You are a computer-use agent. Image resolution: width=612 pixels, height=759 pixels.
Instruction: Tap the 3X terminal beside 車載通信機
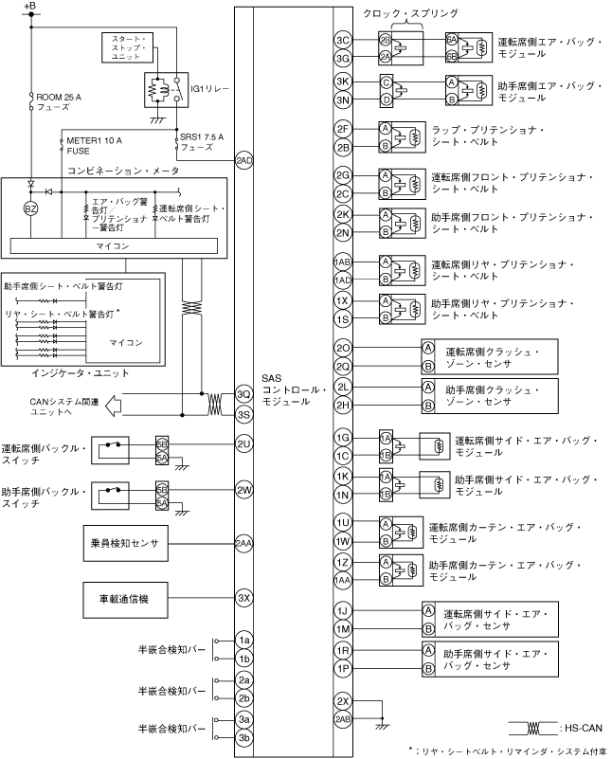(x=243, y=598)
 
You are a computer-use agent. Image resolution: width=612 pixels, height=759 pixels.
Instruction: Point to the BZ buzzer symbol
(x=30, y=208)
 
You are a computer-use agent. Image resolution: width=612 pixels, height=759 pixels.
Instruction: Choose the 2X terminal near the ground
(x=343, y=700)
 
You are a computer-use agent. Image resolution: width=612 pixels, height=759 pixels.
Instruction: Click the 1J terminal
(x=343, y=610)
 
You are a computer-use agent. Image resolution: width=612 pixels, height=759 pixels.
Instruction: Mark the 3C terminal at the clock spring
(x=343, y=40)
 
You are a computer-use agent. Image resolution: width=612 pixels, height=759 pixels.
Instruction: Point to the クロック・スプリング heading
(x=411, y=14)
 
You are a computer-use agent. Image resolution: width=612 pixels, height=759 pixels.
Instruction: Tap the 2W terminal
(x=243, y=490)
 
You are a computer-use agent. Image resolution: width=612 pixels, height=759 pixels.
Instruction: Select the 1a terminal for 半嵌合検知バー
(x=243, y=641)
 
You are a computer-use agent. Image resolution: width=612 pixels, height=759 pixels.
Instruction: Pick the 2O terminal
(x=343, y=349)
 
